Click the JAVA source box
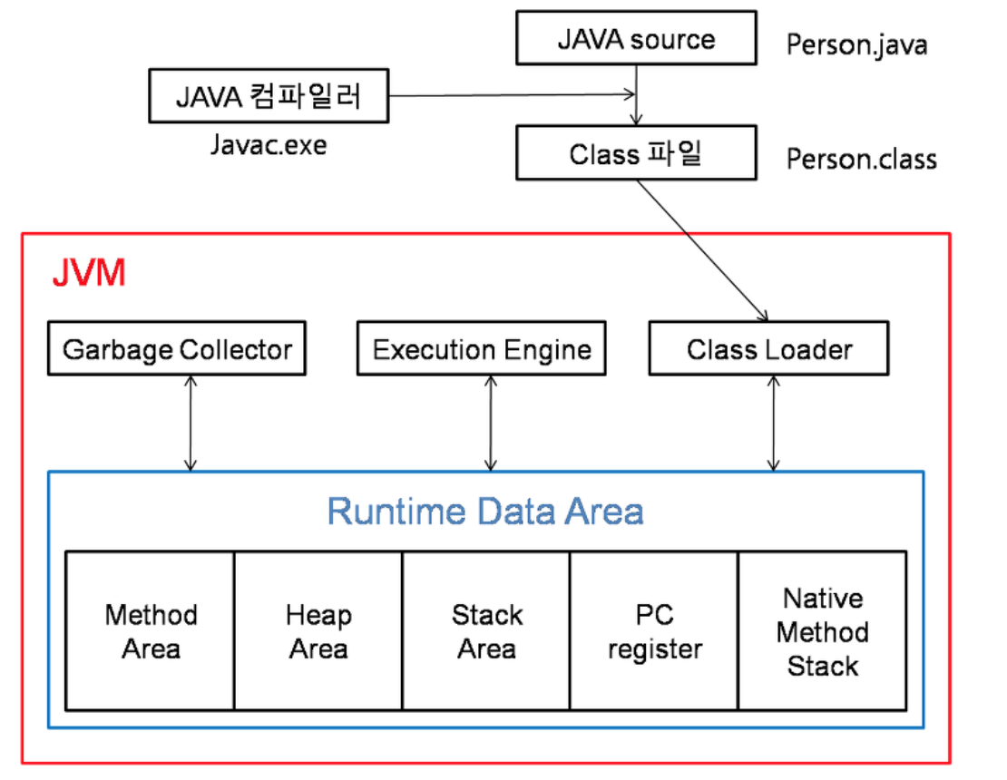tap(635, 38)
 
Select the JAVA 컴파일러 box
tap(268, 96)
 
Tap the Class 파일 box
tap(635, 153)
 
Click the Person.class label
tap(861, 160)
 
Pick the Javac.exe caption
tap(268, 144)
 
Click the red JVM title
tap(88, 273)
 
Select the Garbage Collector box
tap(177, 349)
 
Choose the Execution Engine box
tap(482, 349)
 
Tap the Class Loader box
tap(768, 349)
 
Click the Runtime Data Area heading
tap(485, 512)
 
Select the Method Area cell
tap(151, 631)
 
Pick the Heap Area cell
tap(318, 631)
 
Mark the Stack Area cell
tap(486, 631)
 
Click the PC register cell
tap(654, 631)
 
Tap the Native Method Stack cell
tap(822, 631)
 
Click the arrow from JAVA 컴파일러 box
tap(508, 94)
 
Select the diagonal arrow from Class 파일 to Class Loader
tap(702, 250)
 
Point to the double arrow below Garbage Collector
tap(191, 423)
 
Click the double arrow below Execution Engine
tap(490, 423)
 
